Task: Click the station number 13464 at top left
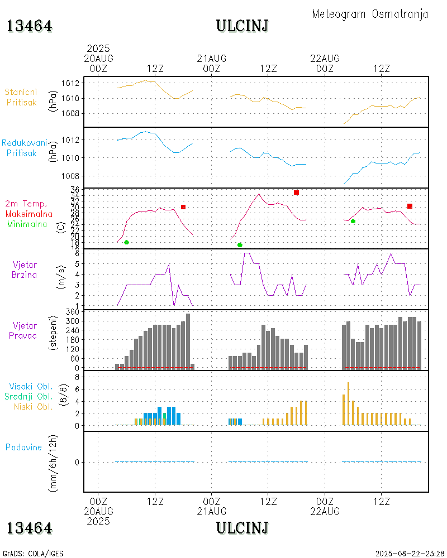(x=30, y=26)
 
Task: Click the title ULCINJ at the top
(x=242, y=26)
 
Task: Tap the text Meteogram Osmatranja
(x=370, y=14)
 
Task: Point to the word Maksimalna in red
(x=29, y=214)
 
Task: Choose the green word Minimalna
(x=27, y=224)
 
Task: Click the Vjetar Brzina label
(x=25, y=270)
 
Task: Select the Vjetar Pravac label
(x=25, y=330)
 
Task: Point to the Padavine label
(x=24, y=447)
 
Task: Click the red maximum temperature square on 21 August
(x=296, y=193)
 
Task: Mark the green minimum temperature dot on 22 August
(x=353, y=221)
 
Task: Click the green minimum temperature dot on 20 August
(x=127, y=242)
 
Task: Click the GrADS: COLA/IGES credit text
(x=33, y=554)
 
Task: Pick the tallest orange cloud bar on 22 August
(x=348, y=403)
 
